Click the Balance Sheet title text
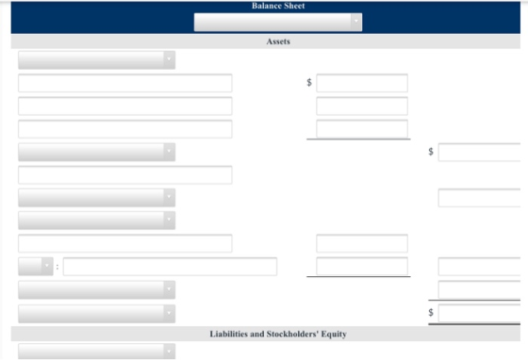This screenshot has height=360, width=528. point(278,6)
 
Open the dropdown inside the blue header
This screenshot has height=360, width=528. point(278,23)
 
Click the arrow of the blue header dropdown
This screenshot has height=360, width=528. point(356,22)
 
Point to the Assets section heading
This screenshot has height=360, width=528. point(278,41)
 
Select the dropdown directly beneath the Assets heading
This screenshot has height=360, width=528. point(96,60)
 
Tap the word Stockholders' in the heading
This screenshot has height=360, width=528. point(292,335)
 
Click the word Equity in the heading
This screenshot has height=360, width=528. point(334,335)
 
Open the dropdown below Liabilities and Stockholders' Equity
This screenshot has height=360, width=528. point(96,352)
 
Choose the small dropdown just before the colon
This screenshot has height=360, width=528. point(36,267)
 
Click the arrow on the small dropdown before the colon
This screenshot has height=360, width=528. point(47,266)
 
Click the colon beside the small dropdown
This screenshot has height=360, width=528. point(58,267)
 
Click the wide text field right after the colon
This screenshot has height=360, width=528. point(170,267)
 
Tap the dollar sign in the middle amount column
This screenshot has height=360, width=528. point(309,82)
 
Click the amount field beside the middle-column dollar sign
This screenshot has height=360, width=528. point(362,83)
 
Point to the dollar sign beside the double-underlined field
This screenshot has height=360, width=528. point(431,313)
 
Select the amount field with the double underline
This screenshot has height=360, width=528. point(479,313)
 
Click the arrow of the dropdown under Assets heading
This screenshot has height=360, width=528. point(169,59)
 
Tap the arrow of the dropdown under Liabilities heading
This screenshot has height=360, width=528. point(169,352)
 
